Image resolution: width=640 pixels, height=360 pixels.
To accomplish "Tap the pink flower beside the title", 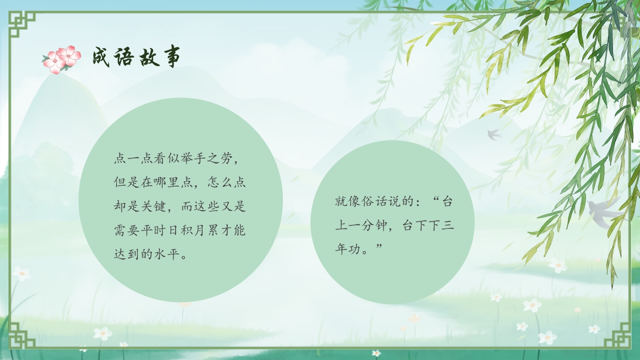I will (61, 59).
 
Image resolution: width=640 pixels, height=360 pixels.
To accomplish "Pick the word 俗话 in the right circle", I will (373, 202).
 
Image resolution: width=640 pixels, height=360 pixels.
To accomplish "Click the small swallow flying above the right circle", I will (494, 134).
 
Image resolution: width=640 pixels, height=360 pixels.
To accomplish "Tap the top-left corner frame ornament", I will (22, 24).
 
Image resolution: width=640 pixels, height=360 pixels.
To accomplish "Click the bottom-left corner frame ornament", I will (22, 334).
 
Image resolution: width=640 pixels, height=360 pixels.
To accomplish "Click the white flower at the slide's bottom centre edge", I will (376, 353).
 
